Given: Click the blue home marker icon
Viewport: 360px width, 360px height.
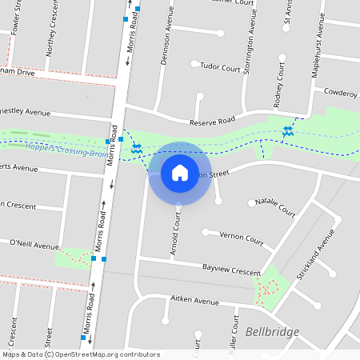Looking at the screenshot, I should click(180, 173).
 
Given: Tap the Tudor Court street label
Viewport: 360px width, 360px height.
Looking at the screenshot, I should click(220, 68).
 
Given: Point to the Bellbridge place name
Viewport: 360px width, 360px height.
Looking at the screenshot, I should click(272, 332).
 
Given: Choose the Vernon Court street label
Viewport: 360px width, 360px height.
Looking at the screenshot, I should click(242, 238).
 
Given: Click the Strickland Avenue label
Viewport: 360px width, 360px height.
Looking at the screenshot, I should click(313, 254).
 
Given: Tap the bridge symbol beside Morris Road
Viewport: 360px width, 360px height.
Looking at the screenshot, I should click(137, 149).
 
